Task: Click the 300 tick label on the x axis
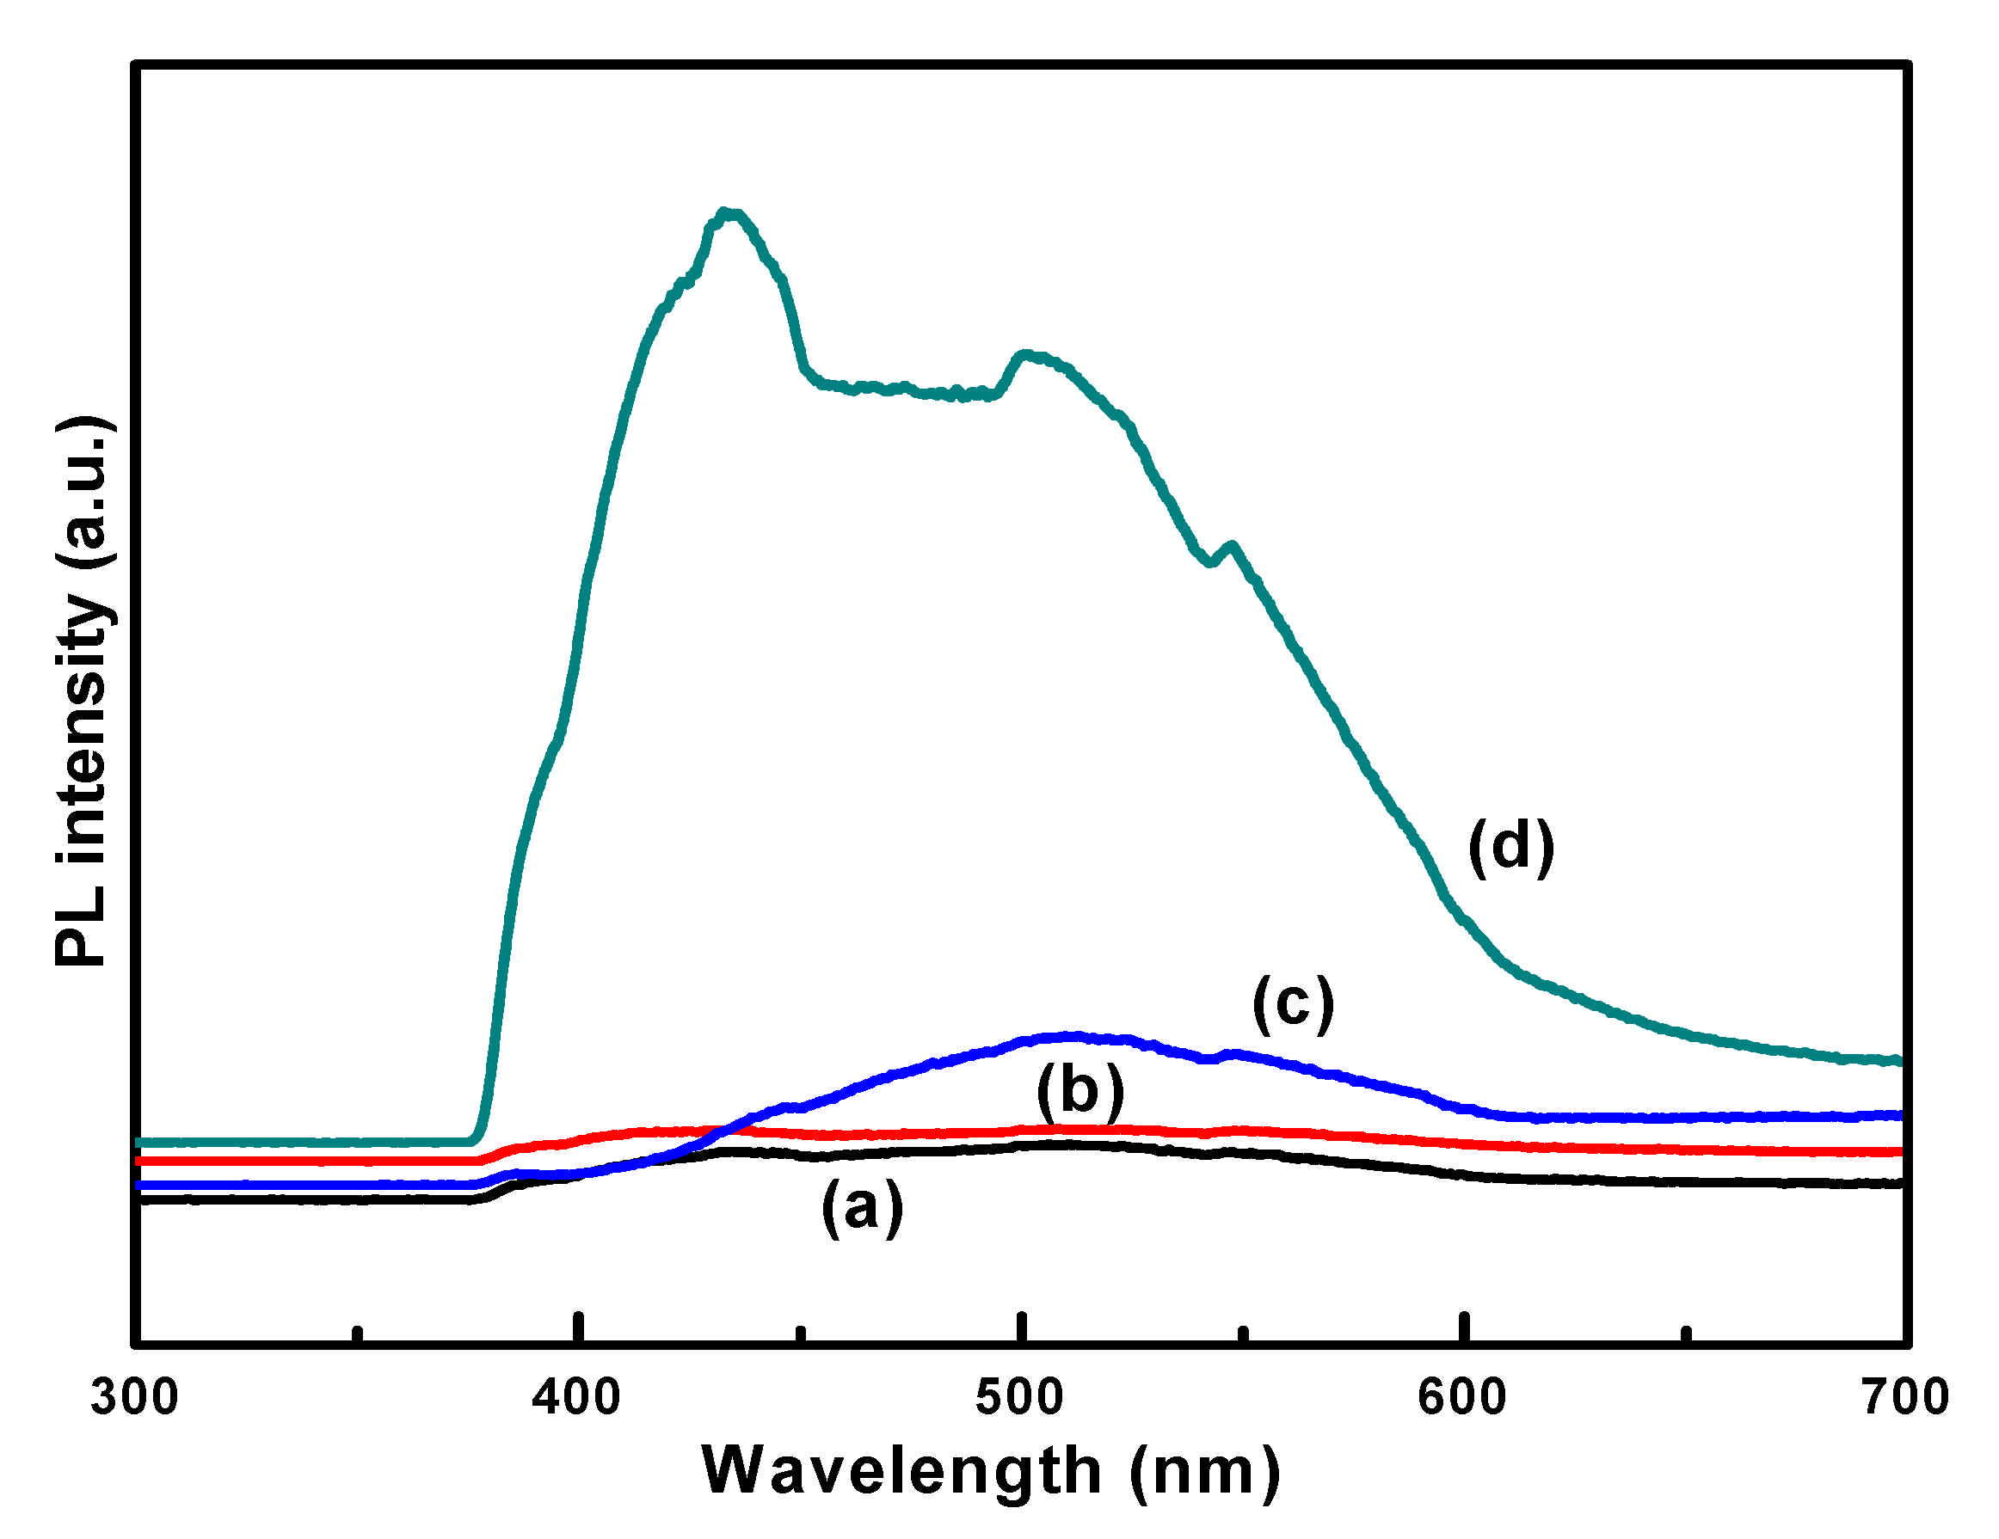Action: (134, 1398)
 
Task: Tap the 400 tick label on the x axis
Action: (576, 1398)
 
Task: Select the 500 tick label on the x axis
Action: (1019, 1398)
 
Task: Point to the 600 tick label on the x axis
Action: (1462, 1398)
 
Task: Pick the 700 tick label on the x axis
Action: (1904, 1398)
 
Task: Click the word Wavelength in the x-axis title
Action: (901, 1471)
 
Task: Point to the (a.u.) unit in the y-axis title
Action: (84, 494)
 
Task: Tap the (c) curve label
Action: (1294, 1003)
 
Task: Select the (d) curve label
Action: (1511, 846)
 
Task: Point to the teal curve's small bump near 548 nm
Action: (1232, 546)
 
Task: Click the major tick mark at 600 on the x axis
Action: (1466, 1327)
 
